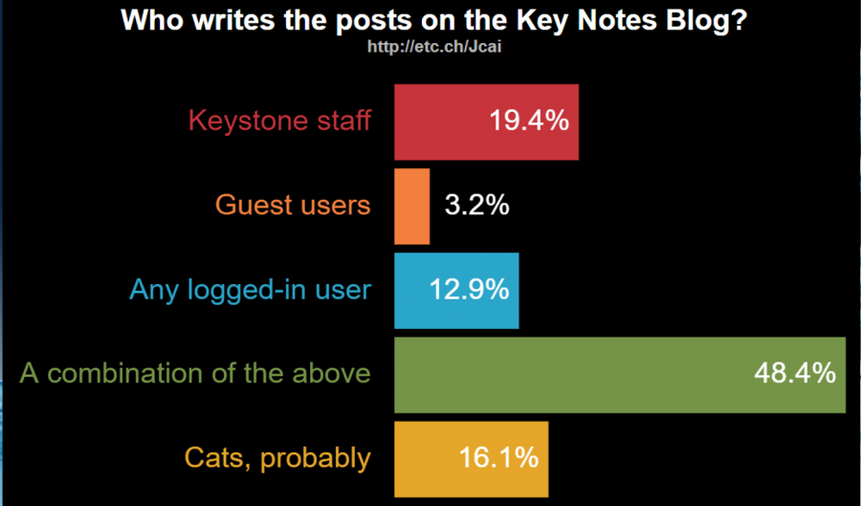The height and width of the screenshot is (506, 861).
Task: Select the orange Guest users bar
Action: [x=412, y=206]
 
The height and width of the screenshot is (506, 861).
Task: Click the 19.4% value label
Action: [x=529, y=121]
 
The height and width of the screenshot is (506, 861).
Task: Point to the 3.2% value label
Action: [x=476, y=206]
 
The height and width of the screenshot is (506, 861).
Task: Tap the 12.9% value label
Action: [x=469, y=290]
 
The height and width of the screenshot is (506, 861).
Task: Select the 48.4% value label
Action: [x=795, y=374]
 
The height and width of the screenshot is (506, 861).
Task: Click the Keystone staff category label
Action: [x=279, y=121]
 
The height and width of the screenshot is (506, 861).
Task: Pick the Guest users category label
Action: [x=293, y=206]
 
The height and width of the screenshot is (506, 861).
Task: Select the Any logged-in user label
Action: [x=250, y=290]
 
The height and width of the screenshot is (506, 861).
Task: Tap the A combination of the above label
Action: [x=195, y=374]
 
